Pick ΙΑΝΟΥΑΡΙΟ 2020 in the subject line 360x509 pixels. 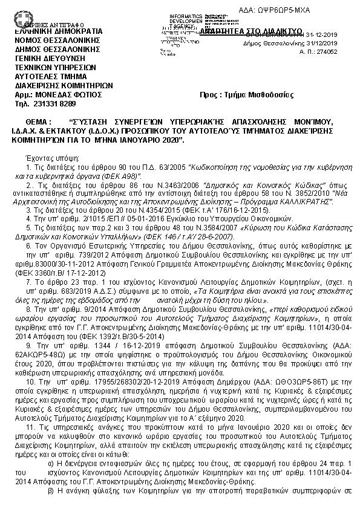150,140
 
